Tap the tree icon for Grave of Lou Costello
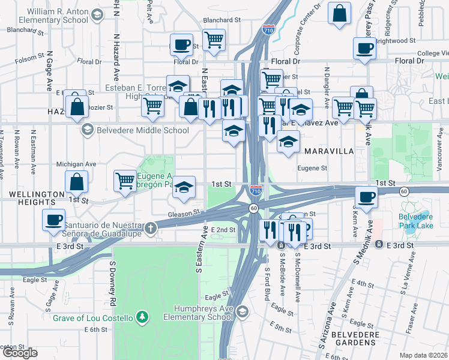click(142, 316)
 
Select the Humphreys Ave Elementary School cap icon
click(242, 311)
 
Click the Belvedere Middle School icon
click(88, 130)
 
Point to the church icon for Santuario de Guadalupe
click(151, 228)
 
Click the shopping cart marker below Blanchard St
click(214, 40)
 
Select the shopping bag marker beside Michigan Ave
click(77, 181)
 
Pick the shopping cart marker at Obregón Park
click(125, 179)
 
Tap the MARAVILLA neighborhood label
click(329, 151)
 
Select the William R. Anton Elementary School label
click(58, 16)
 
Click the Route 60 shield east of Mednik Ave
click(403, 190)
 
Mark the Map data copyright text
click(423, 355)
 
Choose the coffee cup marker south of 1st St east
click(366, 196)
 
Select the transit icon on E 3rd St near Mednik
click(379, 245)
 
